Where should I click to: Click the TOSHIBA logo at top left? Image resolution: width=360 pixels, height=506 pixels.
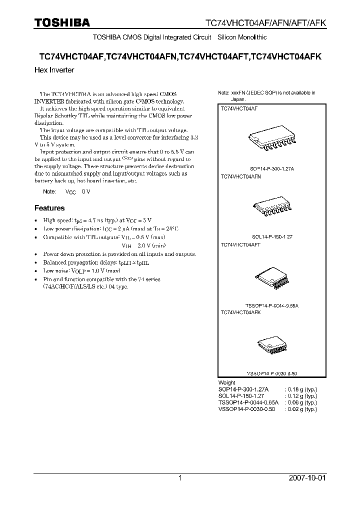coord(62,22)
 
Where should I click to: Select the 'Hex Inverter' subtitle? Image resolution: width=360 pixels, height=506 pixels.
coord(54,70)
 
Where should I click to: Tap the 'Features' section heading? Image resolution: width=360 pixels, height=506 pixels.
coord(49,208)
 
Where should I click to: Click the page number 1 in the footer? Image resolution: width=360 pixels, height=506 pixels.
coord(180,478)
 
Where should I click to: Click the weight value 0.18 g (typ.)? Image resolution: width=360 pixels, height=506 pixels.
coord(300,389)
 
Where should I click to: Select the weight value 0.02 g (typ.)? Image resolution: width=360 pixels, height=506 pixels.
coord(300,409)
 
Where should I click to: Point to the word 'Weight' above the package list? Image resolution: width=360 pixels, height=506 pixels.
coord(227,382)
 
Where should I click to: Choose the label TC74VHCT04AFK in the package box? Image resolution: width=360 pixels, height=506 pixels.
coord(240,311)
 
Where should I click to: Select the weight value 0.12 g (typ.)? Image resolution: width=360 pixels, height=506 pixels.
coord(300,395)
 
